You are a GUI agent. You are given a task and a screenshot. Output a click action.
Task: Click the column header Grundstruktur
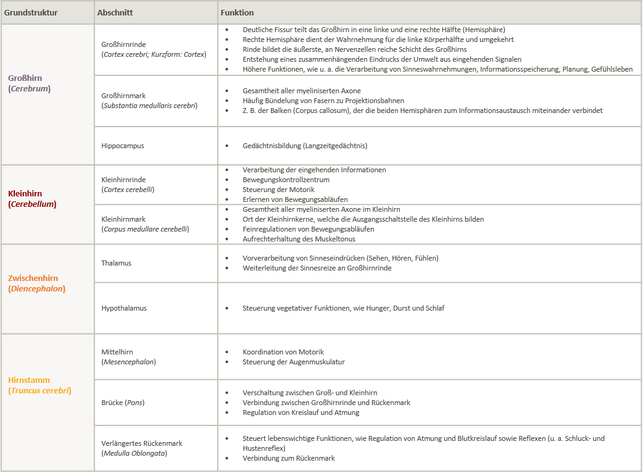[x=31, y=12]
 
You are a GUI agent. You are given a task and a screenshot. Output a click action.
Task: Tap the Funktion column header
[x=237, y=12]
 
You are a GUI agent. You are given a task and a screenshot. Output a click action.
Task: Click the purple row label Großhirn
[x=25, y=78]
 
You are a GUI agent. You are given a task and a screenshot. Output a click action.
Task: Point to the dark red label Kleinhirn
[x=25, y=193]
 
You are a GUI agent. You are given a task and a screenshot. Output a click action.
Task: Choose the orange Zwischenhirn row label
[x=33, y=278]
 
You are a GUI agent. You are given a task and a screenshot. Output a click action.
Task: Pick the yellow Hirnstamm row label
[x=29, y=380]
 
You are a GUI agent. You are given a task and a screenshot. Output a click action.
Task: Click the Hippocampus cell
[x=123, y=146]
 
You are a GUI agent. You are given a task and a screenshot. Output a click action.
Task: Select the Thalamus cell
[x=116, y=263]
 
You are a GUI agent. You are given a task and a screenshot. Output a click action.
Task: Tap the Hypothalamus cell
[x=124, y=308]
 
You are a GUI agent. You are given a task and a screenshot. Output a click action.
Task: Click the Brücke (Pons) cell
[x=123, y=403]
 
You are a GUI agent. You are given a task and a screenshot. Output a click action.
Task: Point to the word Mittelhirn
[x=117, y=351]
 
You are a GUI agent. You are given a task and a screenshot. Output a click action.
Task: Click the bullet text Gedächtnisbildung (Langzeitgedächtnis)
[x=305, y=146]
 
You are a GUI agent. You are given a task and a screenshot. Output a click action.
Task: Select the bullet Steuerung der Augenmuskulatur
[x=294, y=362]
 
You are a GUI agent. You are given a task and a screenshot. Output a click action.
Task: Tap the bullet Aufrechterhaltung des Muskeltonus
[x=299, y=239]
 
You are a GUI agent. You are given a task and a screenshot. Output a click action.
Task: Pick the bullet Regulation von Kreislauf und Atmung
[x=301, y=412]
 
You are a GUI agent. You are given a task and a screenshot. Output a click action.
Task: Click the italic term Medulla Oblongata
[x=134, y=453]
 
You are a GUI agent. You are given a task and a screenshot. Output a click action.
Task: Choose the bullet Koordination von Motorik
[x=283, y=352]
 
